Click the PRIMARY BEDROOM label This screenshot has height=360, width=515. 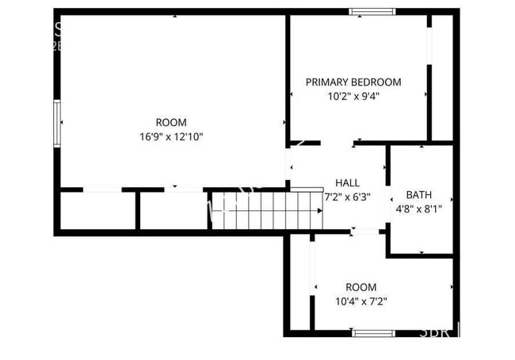(353, 82)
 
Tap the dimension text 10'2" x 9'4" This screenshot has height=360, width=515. (353, 97)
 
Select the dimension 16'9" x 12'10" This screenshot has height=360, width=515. (170, 136)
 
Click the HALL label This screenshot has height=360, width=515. (347, 182)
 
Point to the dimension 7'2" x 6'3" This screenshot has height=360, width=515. (347, 197)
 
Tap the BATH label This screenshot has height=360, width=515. (419, 194)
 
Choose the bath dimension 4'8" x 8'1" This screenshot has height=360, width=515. (419, 209)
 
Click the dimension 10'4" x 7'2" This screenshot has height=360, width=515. (360, 301)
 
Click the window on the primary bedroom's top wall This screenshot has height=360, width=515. (372, 11)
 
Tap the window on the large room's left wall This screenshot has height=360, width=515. (56, 123)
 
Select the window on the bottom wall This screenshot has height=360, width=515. (373, 333)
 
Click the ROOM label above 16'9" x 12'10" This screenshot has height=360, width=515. (170, 122)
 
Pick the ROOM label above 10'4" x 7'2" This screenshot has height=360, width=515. (360, 287)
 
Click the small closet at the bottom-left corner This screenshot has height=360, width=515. (97, 210)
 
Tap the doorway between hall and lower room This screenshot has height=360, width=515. (367, 232)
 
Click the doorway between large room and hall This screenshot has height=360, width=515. (289, 167)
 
